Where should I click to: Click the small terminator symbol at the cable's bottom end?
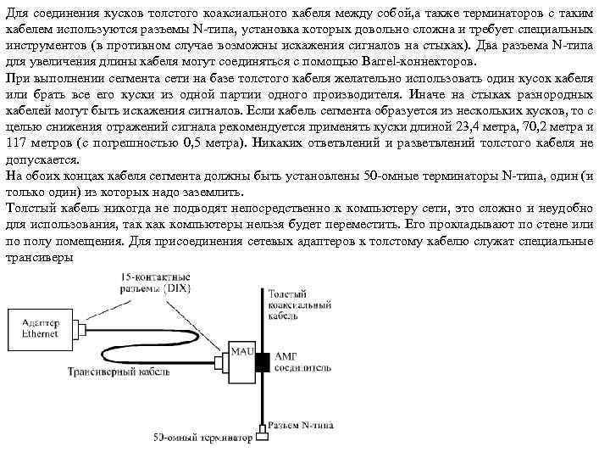261,435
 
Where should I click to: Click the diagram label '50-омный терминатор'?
203,438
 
